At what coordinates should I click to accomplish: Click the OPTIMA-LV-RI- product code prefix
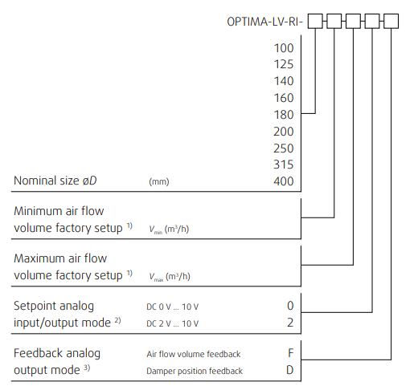264,22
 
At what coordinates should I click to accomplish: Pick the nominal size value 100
284,48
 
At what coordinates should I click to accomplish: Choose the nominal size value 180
284,115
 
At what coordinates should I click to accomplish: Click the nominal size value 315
284,165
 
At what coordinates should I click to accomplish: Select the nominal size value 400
284,181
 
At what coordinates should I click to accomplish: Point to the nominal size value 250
284,148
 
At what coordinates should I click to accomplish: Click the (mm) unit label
159,182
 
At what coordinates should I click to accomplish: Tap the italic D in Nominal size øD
93,181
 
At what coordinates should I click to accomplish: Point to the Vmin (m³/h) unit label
169,230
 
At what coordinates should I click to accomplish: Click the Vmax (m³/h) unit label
170,277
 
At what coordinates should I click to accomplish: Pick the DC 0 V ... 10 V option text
173,307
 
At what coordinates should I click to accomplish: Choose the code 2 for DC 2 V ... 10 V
290,323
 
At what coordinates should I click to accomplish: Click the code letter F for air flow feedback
291,353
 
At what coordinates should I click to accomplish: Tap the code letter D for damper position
290,370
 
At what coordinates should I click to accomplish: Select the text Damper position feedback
195,371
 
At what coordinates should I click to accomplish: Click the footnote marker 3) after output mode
87,368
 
